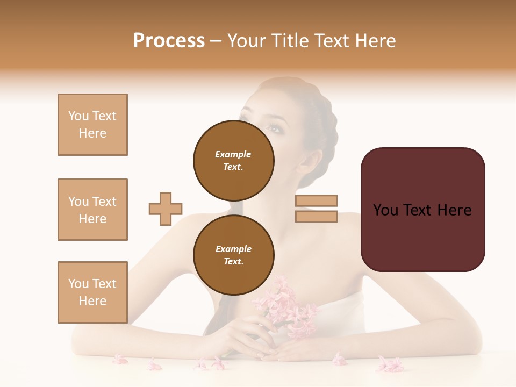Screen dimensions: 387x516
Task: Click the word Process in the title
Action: tap(169, 41)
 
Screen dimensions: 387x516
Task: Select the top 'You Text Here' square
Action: tap(92, 125)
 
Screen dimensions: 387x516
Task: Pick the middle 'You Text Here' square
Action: tap(92, 210)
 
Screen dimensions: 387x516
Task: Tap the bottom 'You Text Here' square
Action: tap(92, 292)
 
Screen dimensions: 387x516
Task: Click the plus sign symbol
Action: tap(166, 209)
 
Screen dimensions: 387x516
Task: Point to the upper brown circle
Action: tap(234, 160)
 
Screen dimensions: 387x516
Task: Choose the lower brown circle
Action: tap(234, 255)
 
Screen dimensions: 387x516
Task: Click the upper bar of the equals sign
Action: tap(316, 200)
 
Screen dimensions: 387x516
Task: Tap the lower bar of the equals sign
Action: tap(316, 216)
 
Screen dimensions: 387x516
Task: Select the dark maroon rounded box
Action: tap(422, 210)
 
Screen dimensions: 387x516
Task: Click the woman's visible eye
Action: tap(275, 129)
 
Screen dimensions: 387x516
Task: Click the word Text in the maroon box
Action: tap(422, 210)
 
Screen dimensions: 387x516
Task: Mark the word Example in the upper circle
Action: tap(233, 154)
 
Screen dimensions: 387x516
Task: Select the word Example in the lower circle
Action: tap(233, 249)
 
